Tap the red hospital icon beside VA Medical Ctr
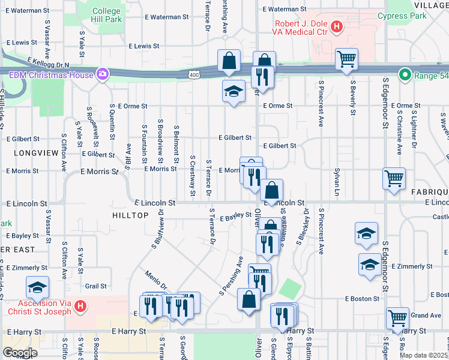click(337, 27)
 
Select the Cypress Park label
click(402, 16)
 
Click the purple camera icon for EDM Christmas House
click(103, 74)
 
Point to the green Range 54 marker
click(405, 75)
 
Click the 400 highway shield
click(193, 75)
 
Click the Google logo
click(20, 353)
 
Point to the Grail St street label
click(95, 286)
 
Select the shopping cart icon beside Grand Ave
click(397, 319)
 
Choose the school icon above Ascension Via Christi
click(37, 287)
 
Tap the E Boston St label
click(363, 298)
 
